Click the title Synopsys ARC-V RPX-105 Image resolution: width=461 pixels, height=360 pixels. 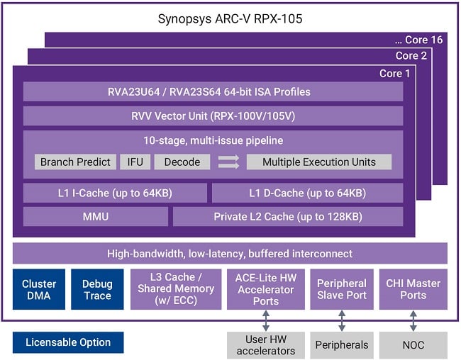pos(230,18)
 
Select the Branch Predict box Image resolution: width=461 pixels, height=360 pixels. pos(76,162)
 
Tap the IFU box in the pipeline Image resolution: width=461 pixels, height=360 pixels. pos(135,162)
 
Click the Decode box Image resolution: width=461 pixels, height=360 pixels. pos(182,162)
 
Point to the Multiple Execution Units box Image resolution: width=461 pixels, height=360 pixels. pos(318,162)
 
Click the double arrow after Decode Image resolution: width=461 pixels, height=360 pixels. pos(228,162)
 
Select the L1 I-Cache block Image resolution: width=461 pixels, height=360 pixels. pos(115,193)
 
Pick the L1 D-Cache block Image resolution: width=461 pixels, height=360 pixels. pos(307,193)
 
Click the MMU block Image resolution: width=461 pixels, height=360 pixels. pos(96,217)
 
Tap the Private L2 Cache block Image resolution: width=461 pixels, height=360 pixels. pos(288,217)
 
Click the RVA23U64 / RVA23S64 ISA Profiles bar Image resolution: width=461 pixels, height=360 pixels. pos(213,92)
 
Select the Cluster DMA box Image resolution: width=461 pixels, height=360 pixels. pos(39,289)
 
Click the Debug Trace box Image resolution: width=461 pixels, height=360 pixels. pos(97,289)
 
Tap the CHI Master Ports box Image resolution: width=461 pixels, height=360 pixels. pos(413,289)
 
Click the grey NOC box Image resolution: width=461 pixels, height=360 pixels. pos(413,345)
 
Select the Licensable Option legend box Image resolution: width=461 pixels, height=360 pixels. pos(68,342)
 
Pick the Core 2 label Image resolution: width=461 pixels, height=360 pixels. pos(406,56)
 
